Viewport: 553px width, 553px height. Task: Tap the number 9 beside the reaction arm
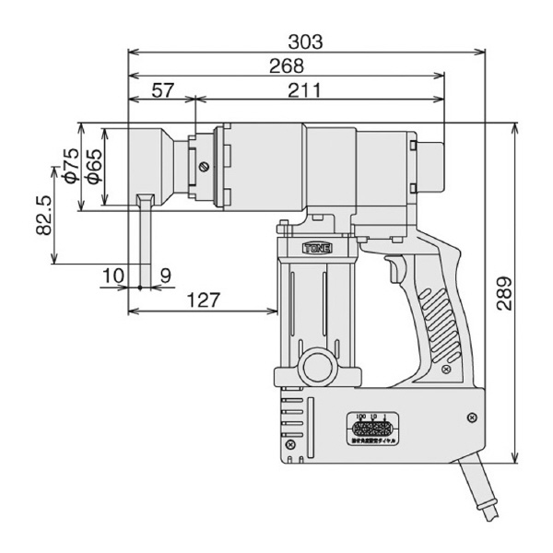(x=165, y=274)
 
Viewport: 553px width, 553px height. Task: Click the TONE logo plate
(x=314, y=246)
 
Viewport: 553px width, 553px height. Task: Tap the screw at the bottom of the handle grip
(x=446, y=370)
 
